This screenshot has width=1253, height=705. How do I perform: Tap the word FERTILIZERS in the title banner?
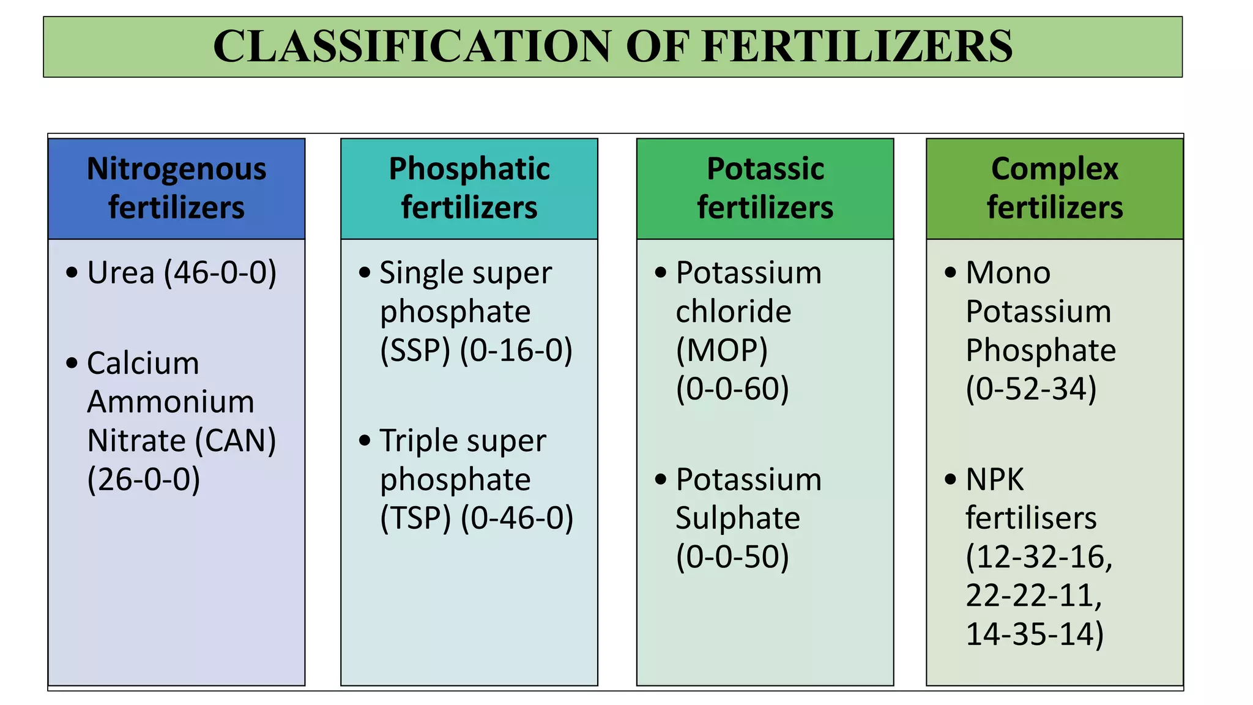click(857, 47)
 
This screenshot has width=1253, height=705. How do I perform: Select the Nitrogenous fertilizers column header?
click(176, 188)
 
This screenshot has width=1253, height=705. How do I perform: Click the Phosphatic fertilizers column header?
click(469, 188)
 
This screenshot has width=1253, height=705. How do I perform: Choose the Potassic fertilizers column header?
click(765, 188)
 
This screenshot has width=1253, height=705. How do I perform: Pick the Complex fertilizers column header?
click(1055, 188)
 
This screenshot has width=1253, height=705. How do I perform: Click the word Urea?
click(121, 273)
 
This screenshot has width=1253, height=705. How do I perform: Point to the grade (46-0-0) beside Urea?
click(220, 273)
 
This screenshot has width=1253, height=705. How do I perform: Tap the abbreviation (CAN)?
click(236, 441)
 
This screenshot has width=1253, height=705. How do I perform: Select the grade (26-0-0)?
click(144, 479)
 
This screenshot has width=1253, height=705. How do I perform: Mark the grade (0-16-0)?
click(516, 351)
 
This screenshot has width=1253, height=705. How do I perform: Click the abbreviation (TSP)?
click(415, 518)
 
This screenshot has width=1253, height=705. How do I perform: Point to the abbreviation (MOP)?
click(722, 351)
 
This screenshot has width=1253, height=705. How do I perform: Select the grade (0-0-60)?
click(732, 389)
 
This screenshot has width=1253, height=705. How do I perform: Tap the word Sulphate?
click(738, 518)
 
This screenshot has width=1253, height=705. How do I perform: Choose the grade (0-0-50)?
click(732, 557)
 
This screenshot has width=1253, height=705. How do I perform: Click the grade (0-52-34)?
click(1031, 389)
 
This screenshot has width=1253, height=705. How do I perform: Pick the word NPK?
click(994, 480)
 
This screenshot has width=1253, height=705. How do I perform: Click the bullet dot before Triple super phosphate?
click(365, 440)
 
